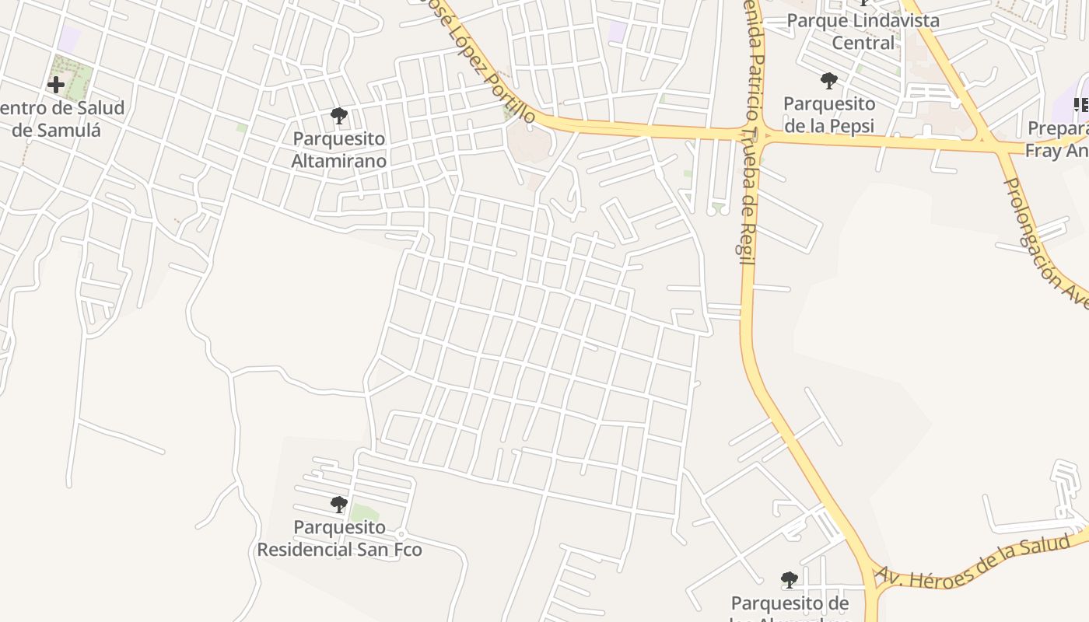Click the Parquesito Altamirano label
coord(338,150)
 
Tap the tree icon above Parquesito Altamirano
coord(338,117)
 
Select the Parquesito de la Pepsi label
coord(829,114)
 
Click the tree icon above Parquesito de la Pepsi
coord(828,80)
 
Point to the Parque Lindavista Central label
coord(863,31)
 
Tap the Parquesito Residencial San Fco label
coord(339,539)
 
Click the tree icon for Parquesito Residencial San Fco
coord(338,505)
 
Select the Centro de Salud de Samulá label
coord(58,118)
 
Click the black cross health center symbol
coord(56,84)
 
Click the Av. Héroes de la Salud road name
coord(980,563)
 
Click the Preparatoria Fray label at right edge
coord(1058,139)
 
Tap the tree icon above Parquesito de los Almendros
coord(790,580)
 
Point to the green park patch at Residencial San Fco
coord(364,513)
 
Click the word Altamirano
coord(338,161)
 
